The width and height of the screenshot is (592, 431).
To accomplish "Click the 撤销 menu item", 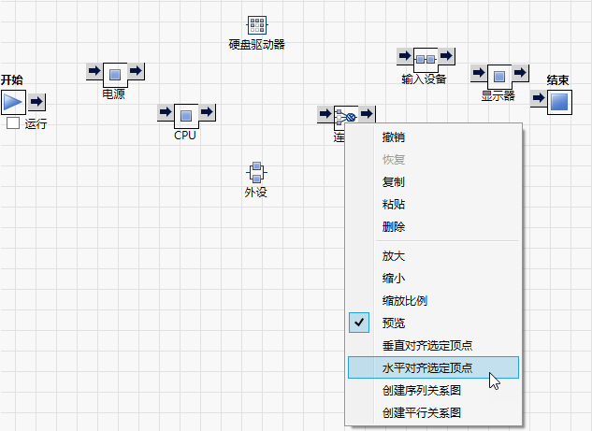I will click(x=394, y=137).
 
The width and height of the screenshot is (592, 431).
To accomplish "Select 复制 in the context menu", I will click(x=394, y=182).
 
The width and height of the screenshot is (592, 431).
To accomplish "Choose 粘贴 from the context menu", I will click(x=394, y=205).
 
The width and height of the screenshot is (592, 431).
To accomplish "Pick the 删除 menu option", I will click(x=394, y=227).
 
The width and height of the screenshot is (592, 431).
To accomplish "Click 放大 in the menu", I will click(x=394, y=256).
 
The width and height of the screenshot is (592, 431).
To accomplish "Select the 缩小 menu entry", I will click(x=394, y=279).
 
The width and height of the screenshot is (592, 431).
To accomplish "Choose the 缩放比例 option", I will click(x=405, y=301).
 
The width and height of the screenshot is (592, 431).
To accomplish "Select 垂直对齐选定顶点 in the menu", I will click(x=426, y=346).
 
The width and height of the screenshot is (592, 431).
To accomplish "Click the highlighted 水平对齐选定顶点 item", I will click(x=426, y=368).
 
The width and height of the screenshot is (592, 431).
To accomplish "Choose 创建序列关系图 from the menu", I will click(x=422, y=391).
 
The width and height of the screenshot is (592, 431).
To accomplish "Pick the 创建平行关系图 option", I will click(x=422, y=412).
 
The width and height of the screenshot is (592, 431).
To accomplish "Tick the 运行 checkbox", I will click(x=13, y=123).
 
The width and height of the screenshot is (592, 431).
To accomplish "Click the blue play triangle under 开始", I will click(x=13, y=102).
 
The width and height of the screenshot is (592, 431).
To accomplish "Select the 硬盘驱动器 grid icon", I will click(x=257, y=25).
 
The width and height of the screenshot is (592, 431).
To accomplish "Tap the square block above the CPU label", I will click(x=186, y=116).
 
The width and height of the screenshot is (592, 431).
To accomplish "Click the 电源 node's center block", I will click(x=114, y=75).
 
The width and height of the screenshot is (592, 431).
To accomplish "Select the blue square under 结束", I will click(x=558, y=101).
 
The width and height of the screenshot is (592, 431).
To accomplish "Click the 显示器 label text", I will click(x=498, y=95).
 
